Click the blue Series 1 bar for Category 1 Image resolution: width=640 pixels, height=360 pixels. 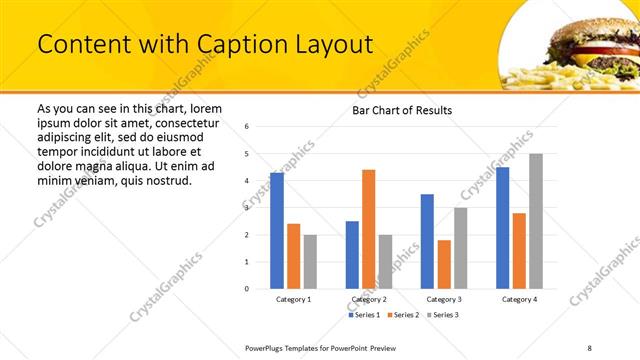277,231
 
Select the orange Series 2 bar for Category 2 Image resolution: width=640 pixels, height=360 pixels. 368,229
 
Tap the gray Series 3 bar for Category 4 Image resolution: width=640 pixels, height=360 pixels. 536,221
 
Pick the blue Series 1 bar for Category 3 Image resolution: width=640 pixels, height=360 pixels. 427,241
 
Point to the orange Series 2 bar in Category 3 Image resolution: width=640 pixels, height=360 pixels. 444,264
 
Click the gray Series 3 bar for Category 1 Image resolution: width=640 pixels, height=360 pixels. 310,261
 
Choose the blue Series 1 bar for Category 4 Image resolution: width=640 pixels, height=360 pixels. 502,228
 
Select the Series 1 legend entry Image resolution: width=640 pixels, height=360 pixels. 365,315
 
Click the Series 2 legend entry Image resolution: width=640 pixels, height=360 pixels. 402,315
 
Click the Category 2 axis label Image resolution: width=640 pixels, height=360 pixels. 368,299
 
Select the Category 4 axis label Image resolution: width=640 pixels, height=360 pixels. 518,299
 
